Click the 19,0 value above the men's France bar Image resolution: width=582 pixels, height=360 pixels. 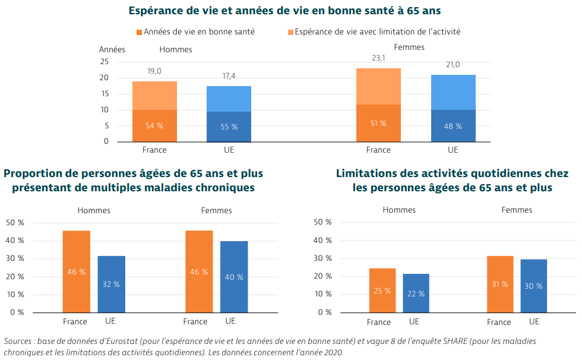click(154, 71)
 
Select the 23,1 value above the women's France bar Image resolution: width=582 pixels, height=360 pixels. click(378, 58)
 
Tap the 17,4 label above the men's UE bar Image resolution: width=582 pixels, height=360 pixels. click(229, 77)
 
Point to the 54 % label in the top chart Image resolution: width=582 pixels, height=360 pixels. click(154, 126)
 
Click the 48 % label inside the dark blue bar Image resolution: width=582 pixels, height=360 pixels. click(453, 127)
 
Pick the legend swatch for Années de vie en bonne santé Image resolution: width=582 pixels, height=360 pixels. click(139, 31)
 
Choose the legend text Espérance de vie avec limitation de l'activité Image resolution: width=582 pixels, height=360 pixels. click(377, 31)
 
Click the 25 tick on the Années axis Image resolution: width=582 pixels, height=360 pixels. click(105, 62)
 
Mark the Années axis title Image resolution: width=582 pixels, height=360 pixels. click(112, 49)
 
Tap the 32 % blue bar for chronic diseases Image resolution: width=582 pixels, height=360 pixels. click(111, 284)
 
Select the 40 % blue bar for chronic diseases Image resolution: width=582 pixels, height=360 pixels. click(234, 276)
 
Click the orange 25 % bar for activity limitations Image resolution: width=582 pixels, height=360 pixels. click(382, 290)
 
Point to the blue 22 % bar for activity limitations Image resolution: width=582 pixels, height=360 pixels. click(416, 293)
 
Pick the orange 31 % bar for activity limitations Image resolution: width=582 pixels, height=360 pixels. click(500, 284)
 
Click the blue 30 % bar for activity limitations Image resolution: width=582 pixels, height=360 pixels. click(533, 286)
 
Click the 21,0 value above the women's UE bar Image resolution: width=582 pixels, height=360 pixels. click(453, 65)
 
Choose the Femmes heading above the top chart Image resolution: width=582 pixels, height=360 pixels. click(409, 47)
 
